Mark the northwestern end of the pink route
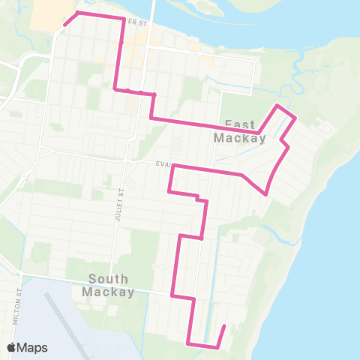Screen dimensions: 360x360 64,24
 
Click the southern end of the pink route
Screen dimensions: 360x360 224,326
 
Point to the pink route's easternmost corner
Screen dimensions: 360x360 295,118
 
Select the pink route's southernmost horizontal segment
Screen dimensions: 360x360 202,346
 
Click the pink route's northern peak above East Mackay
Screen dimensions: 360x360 279,106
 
